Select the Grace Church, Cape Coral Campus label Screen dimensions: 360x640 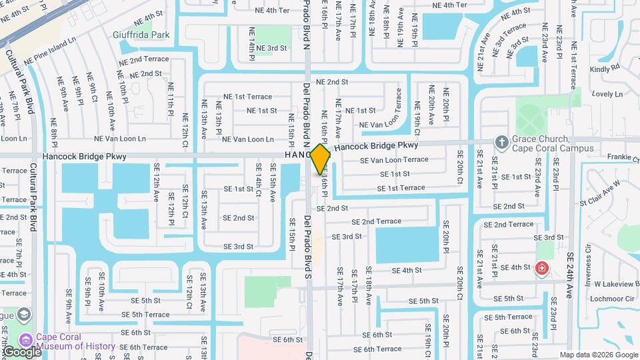(541, 143)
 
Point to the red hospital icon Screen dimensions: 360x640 (542, 269)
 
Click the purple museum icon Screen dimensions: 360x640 (27, 339)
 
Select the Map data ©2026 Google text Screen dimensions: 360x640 (598, 355)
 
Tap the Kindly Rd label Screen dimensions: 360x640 (605, 68)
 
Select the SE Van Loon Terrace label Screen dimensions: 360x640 (394, 160)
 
